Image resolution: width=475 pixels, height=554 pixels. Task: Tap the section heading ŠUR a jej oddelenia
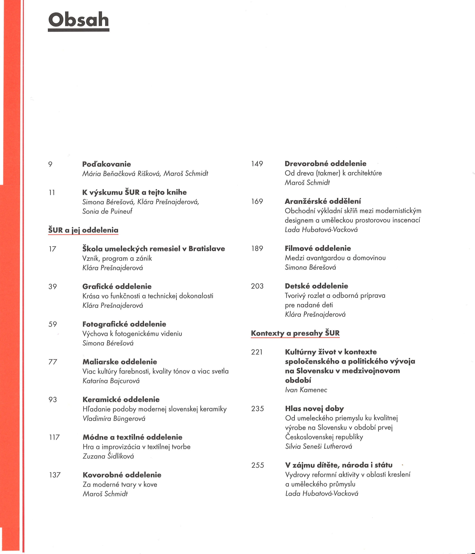pyautogui.click(x=83, y=230)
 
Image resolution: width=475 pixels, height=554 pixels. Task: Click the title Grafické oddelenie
pyautogui.click(x=117, y=286)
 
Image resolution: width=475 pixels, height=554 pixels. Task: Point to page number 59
pyautogui.click(x=53, y=324)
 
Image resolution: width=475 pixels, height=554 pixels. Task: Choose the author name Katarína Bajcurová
pyautogui.click(x=111, y=381)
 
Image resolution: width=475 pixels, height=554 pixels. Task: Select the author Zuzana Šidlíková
pyautogui.click(x=108, y=456)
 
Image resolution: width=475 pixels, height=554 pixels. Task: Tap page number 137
pyautogui.click(x=55, y=475)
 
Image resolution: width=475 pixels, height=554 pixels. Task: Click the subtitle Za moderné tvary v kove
pyautogui.click(x=120, y=484)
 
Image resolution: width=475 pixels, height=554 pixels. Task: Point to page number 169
pyautogui.click(x=257, y=201)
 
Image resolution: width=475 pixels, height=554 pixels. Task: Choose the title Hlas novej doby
pyautogui.click(x=315, y=409)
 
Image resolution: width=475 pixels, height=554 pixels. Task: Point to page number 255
pyautogui.click(x=258, y=465)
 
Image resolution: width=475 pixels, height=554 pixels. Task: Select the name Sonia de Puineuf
pyautogui.click(x=107, y=211)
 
